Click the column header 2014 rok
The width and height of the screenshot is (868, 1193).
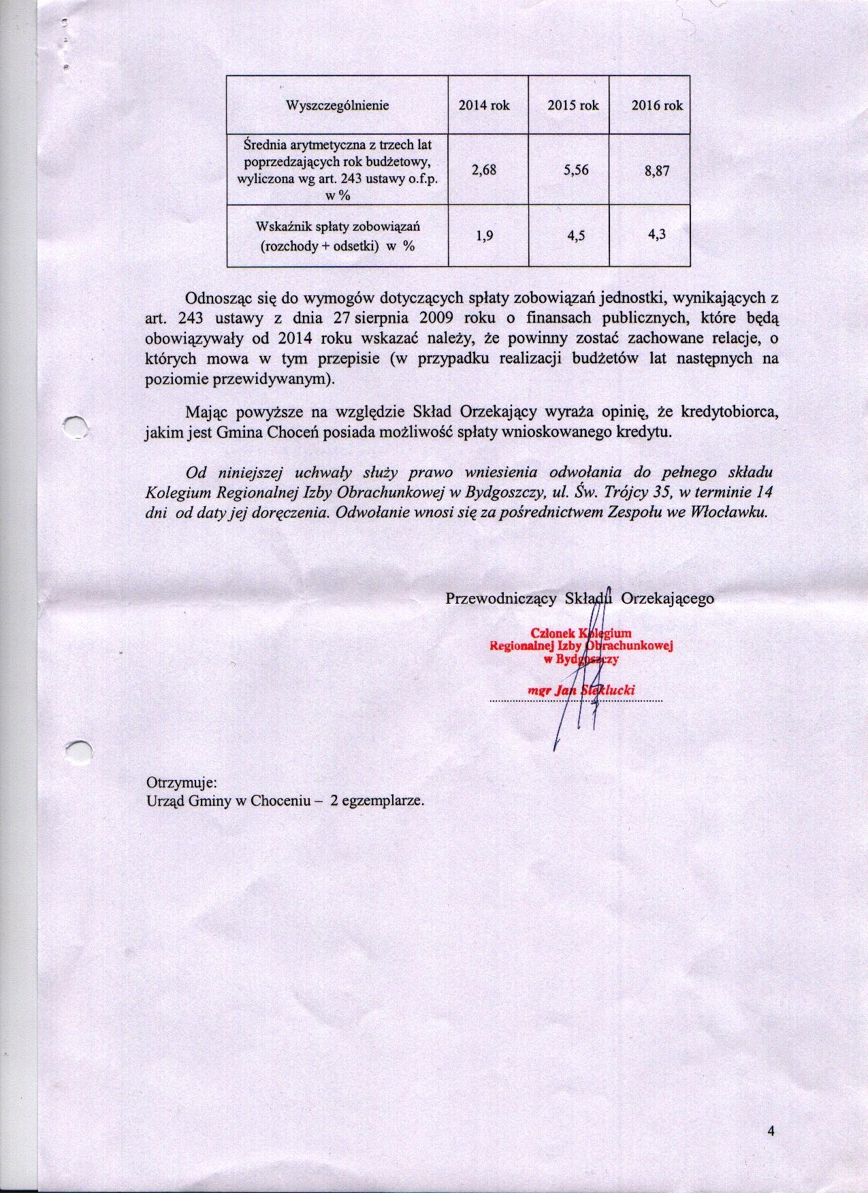pyautogui.click(x=484, y=105)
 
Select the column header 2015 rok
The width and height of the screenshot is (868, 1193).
pyautogui.click(x=573, y=105)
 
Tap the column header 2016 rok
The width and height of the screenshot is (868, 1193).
pyautogui.click(x=657, y=105)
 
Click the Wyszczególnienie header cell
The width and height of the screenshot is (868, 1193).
pyautogui.click(x=337, y=105)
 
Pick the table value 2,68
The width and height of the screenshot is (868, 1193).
pyautogui.click(x=483, y=170)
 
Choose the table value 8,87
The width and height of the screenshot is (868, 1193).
pyautogui.click(x=657, y=171)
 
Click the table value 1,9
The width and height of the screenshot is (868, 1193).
pyautogui.click(x=485, y=237)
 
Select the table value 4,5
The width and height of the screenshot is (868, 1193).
pyautogui.click(x=576, y=236)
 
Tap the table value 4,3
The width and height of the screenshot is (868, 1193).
pyautogui.click(x=657, y=235)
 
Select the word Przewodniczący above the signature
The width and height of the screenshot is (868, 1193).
pyautogui.click(x=502, y=598)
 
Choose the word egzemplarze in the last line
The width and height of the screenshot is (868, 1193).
pyautogui.click(x=383, y=801)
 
